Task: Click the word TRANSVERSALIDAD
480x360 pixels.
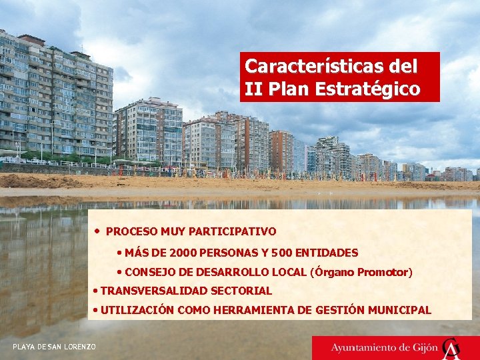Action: [154, 291]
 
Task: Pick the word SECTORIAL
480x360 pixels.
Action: [241, 291]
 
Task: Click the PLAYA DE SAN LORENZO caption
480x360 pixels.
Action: [54, 347]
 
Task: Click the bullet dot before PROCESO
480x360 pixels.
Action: [98, 231]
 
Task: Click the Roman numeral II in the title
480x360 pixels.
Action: [252, 89]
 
